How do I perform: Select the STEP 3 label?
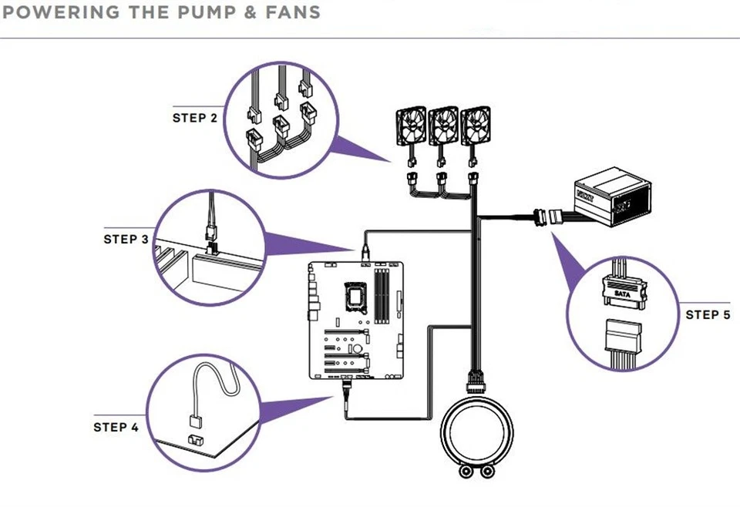pyautogui.click(x=126, y=239)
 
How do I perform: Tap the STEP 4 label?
pyautogui.click(x=116, y=427)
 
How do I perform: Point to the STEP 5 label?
pyautogui.click(x=708, y=314)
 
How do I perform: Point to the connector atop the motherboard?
pyautogui.click(x=365, y=251)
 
